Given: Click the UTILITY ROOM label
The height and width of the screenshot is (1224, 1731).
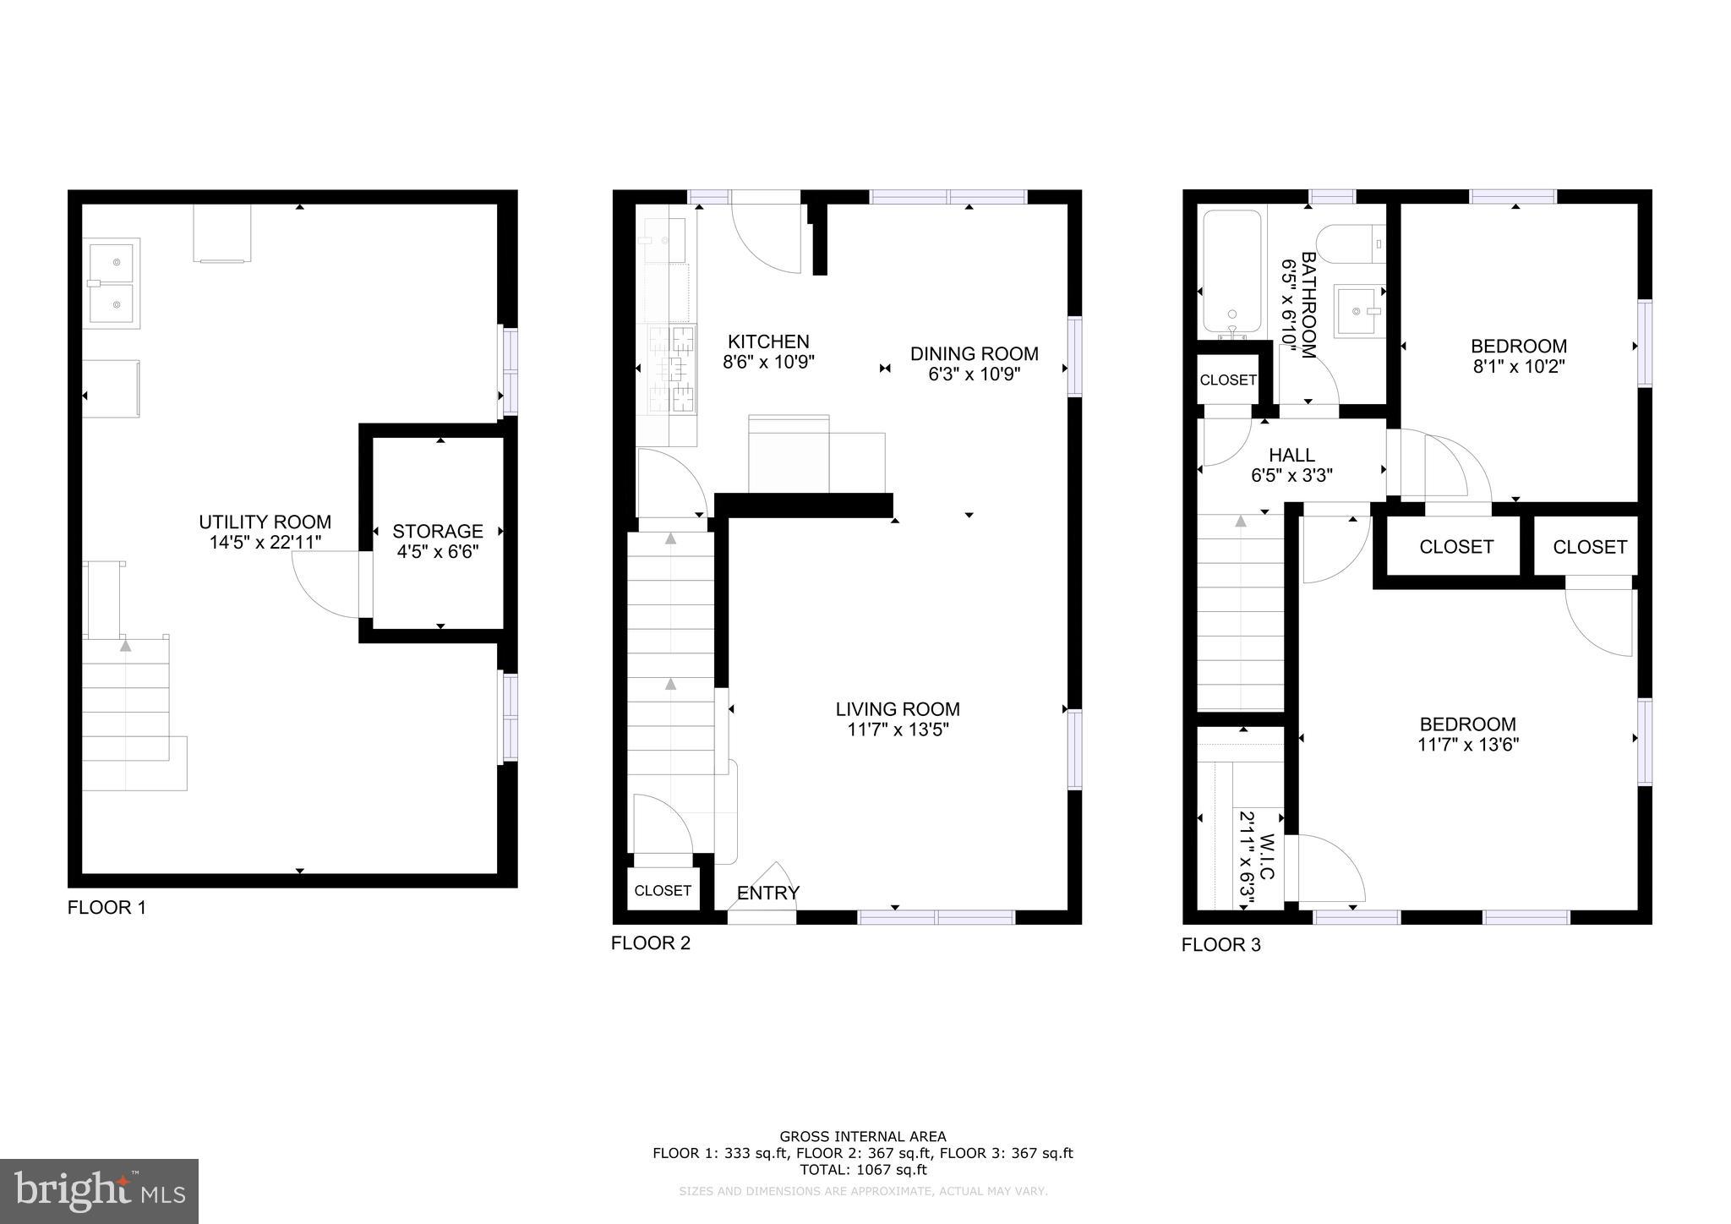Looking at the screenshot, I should click(x=265, y=522).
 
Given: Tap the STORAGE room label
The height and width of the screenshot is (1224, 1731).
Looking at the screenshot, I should click(x=437, y=532).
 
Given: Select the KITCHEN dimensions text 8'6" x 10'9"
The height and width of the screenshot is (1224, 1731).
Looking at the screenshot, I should click(x=767, y=363).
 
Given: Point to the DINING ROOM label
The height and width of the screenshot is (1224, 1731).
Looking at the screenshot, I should click(x=974, y=354).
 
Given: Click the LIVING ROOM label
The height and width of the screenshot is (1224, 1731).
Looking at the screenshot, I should click(x=898, y=710).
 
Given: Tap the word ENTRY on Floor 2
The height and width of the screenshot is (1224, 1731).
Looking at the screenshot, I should click(x=767, y=893).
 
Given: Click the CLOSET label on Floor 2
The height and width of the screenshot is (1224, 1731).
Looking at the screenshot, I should click(x=663, y=891).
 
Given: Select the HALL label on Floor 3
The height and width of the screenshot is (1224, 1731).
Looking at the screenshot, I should click(x=1291, y=456).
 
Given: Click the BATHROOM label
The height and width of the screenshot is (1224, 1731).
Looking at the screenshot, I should click(x=1308, y=304).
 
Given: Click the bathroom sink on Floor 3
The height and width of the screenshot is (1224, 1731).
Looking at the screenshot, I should click(x=1357, y=311).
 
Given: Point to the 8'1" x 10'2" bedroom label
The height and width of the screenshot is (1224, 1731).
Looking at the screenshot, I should click(x=1518, y=347).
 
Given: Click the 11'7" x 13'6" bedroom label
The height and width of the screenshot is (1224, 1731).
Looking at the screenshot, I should click(x=1467, y=724).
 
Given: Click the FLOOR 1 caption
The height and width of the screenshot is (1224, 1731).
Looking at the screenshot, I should click(x=106, y=908).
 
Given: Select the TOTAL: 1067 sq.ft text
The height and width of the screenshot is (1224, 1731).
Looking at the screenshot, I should click(x=862, y=1170).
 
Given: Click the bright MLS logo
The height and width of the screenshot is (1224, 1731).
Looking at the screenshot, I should click(x=99, y=1191).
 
